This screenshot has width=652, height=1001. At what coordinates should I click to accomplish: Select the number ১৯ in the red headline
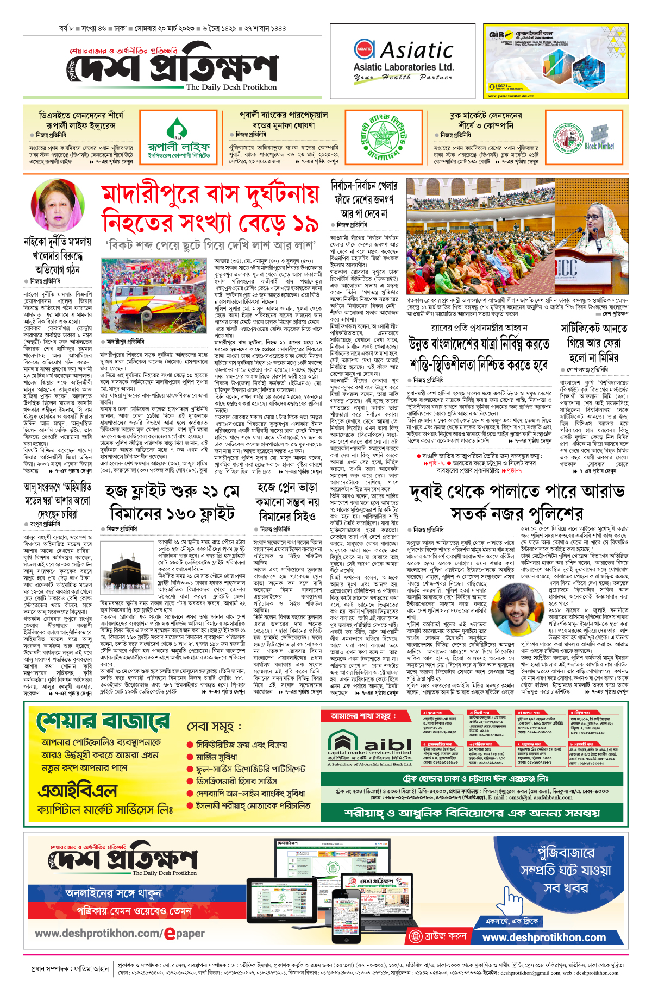tap(304, 222)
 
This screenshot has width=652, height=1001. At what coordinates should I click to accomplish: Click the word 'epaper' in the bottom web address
tap(185, 933)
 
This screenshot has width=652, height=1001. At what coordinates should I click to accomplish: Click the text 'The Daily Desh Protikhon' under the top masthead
tap(231, 87)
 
